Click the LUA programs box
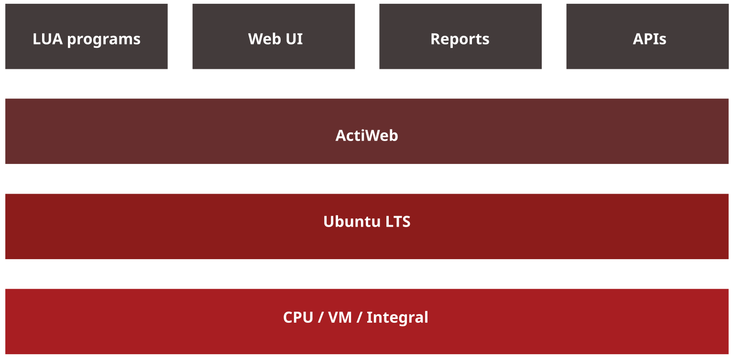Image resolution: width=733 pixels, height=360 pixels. [x=87, y=36]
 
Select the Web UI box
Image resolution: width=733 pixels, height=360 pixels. [x=274, y=36]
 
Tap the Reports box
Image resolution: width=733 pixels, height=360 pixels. [x=460, y=36]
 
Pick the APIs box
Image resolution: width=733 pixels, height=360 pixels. [x=647, y=36]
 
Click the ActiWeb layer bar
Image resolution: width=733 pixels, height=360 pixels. [x=367, y=131]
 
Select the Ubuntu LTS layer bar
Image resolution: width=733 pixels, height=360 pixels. [x=367, y=227]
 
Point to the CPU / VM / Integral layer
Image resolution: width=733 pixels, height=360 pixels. [x=367, y=321]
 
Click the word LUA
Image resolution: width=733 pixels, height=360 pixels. [x=47, y=39]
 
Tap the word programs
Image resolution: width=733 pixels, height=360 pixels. [x=104, y=40]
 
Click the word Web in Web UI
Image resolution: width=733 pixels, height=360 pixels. [x=264, y=39]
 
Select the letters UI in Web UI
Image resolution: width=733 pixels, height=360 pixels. [x=294, y=39]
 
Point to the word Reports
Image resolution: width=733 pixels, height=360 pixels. [x=460, y=40]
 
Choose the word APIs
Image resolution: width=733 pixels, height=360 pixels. [x=649, y=39]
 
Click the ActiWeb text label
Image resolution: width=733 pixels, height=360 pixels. [x=367, y=135]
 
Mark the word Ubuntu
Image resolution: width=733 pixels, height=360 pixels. [x=352, y=221]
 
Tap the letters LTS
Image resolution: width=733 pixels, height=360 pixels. [x=398, y=221]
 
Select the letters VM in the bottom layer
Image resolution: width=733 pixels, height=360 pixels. [x=340, y=317]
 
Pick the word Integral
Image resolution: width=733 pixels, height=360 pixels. [x=397, y=318]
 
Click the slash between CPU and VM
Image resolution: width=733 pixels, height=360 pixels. [x=321, y=317]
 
